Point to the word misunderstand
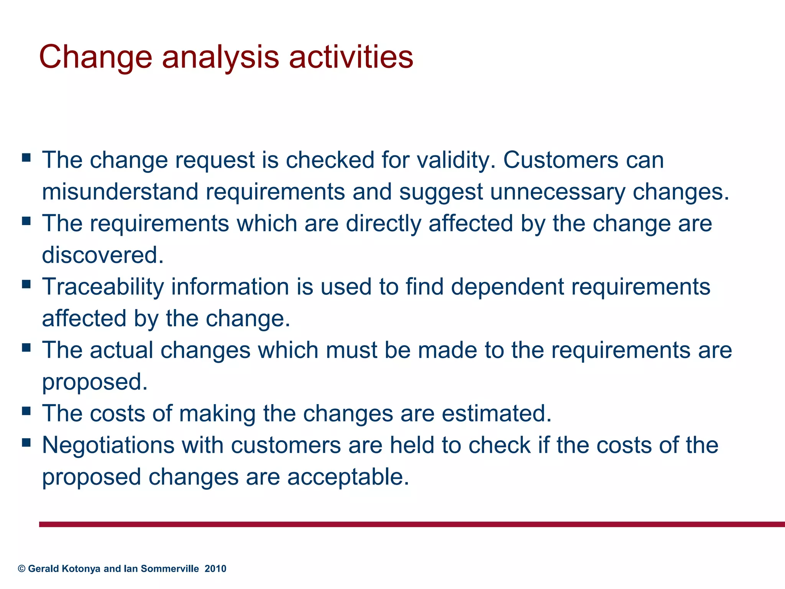point(120,192)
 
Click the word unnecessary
point(557,192)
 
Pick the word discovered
point(102,255)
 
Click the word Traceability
point(103,287)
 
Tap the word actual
point(122,350)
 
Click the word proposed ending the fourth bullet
point(94,382)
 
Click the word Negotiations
point(108,446)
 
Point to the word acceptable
point(348,477)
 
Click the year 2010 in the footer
point(215,569)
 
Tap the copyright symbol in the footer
point(21,569)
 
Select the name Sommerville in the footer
point(170,569)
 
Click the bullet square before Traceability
point(26,284)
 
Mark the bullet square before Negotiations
point(26,443)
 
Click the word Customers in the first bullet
point(560,160)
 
